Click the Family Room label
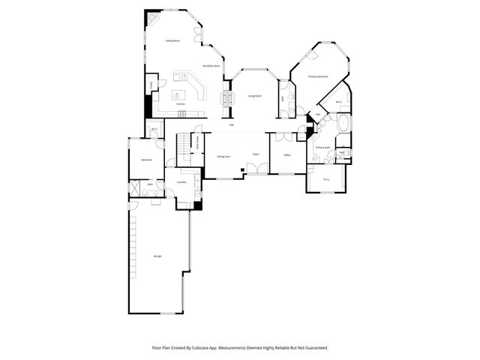(x=172, y=40)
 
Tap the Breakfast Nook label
(x=211, y=66)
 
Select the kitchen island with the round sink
(x=178, y=95)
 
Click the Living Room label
(x=255, y=96)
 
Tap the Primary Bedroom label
(x=319, y=76)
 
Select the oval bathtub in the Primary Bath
(x=343, y=123)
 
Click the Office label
(x=286, y=155)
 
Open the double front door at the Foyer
(x=257, y=170)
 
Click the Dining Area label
(x=223, y=156)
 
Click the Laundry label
(x=181, y=182)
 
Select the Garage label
(x=157, y=256)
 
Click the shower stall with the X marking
(x=135, y=187)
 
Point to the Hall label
(x=232, y=124)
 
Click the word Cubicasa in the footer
(x=211, y=348)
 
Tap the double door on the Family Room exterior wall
(x=197, y=34)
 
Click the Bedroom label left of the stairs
(x=147, y=160)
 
